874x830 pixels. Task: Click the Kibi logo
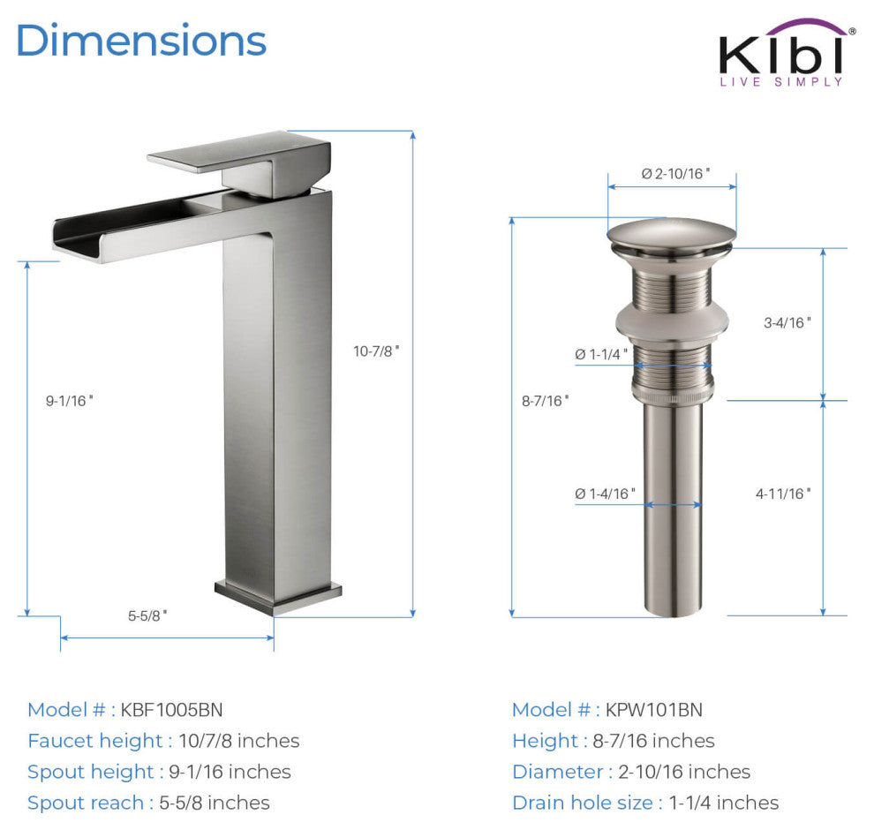787,52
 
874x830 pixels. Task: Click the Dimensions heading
141,40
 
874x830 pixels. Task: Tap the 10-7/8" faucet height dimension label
376,351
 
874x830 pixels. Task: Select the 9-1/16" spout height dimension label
69,401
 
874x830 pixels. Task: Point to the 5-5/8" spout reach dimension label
147,616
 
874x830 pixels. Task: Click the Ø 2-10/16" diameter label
675,174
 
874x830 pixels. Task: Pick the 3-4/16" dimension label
787,323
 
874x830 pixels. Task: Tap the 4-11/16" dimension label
783,494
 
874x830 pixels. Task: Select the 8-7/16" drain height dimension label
545,401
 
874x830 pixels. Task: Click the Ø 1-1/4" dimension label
601,355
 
